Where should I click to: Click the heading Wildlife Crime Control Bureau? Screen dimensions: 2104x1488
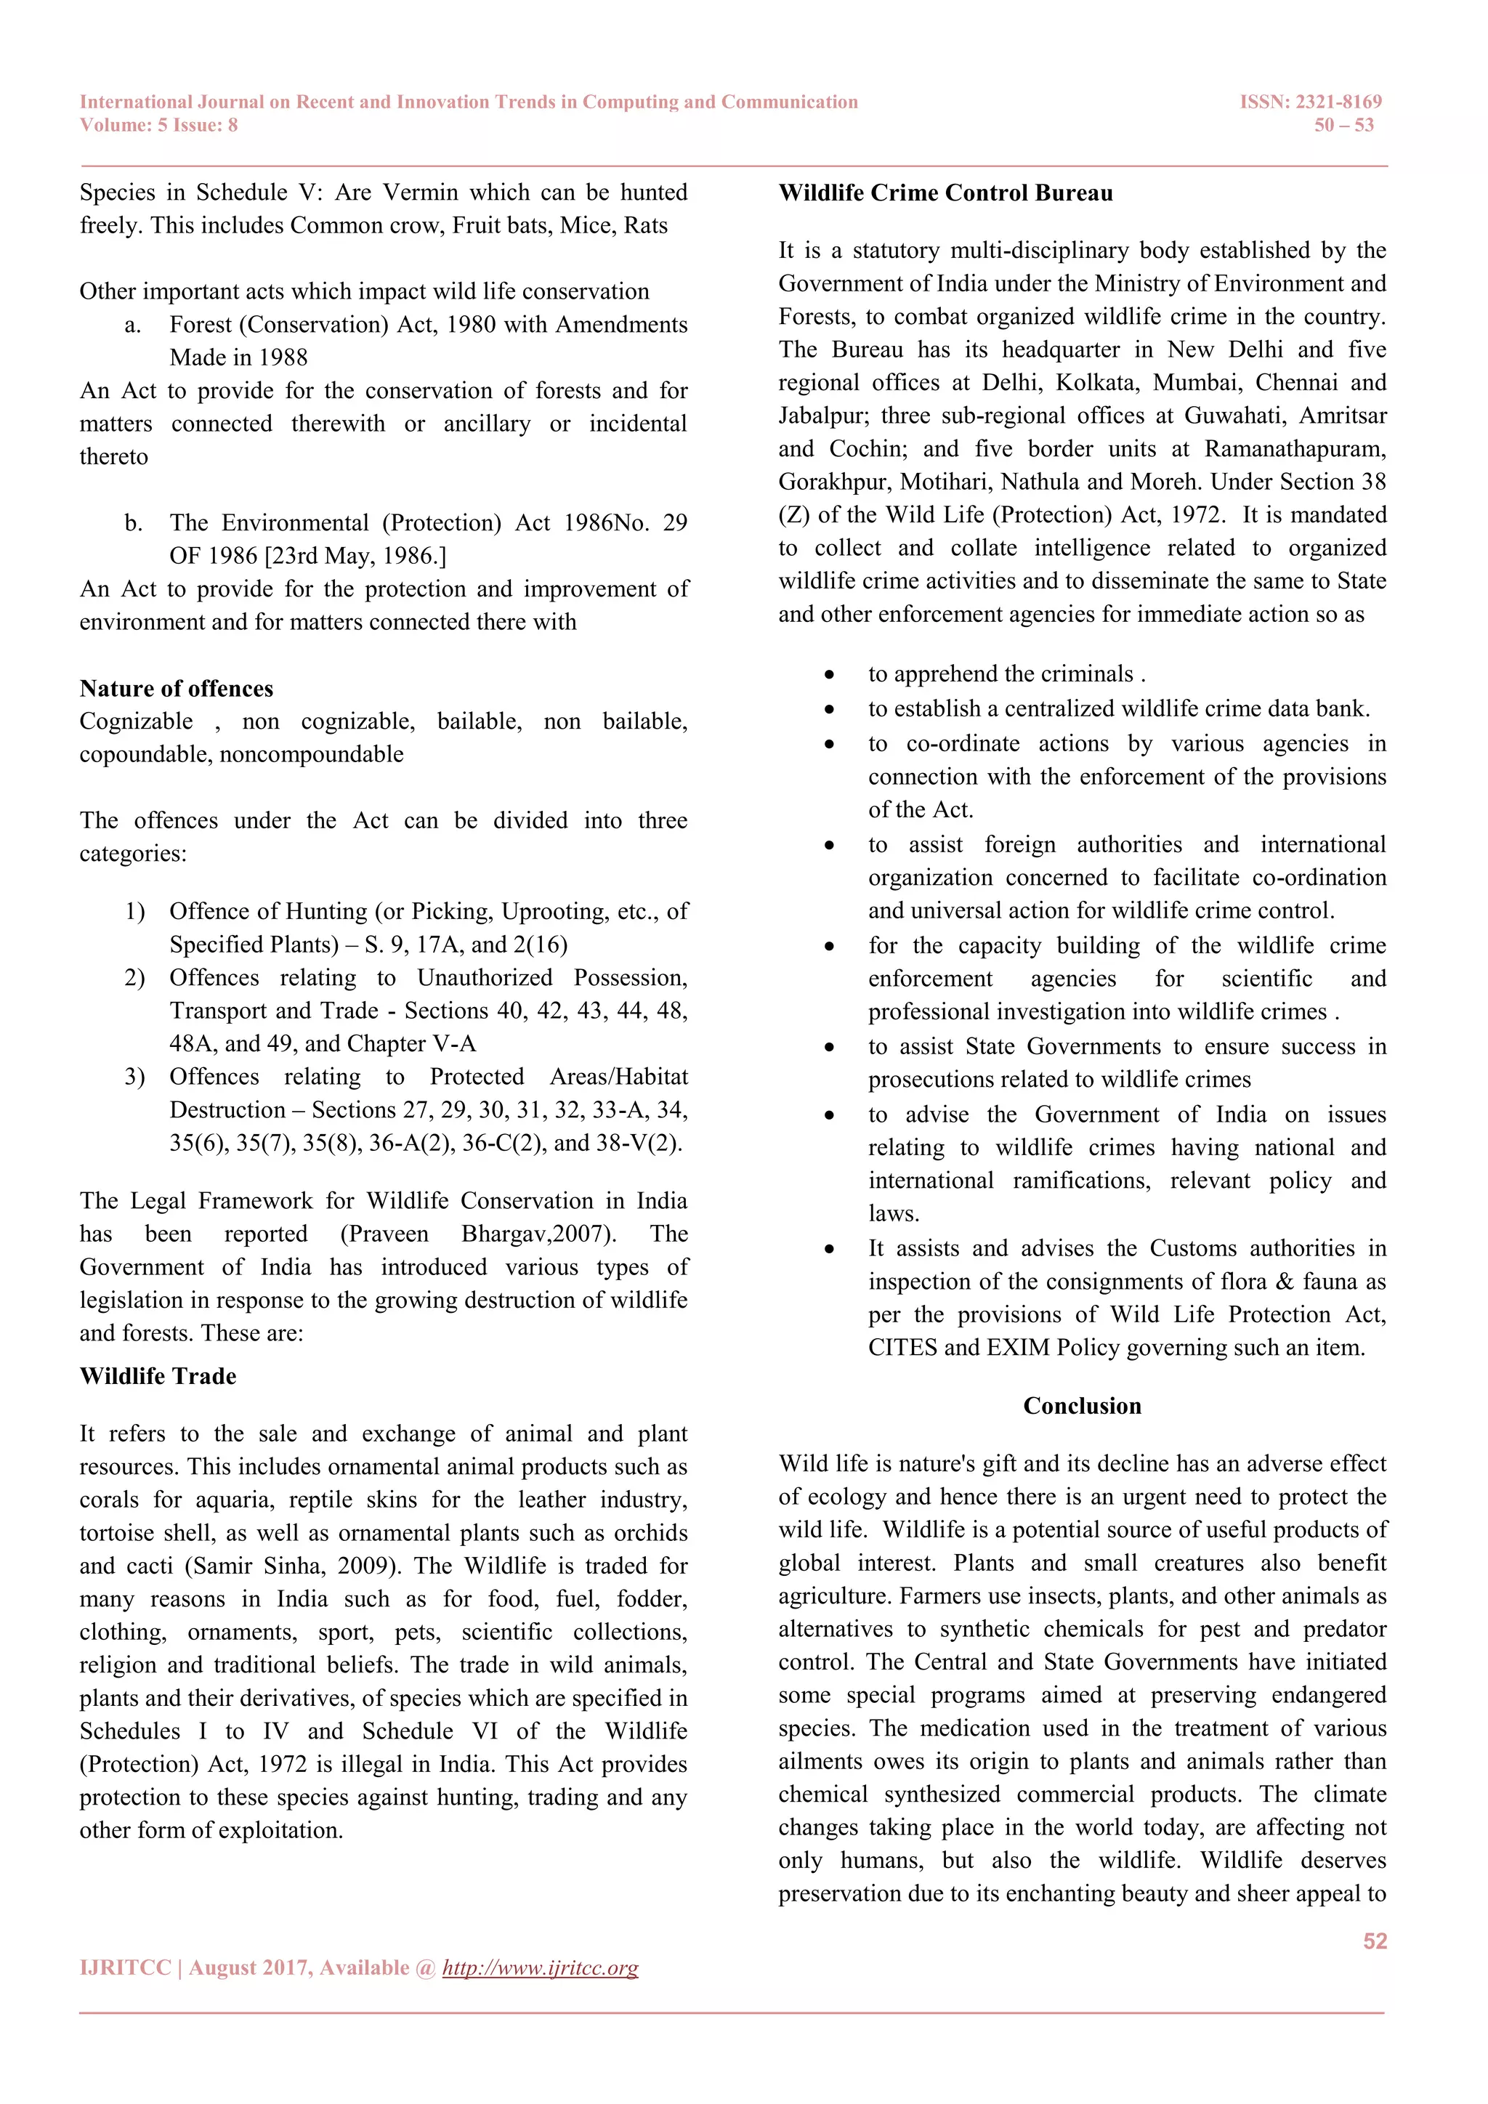[x=945, y=193]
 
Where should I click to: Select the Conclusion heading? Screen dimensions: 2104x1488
[x=1082, y=1406]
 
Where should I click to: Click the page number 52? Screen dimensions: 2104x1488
[x=1375, y=1941]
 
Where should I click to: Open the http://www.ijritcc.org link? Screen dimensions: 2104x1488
[x=540, y=1967]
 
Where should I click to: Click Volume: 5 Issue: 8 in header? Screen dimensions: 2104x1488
[x=158, y=126]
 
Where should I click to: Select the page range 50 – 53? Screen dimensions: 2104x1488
[x=1343, y=126]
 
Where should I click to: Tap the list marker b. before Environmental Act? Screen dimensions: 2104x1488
[x=134, y=523]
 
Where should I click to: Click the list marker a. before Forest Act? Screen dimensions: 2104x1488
[x=134, y=325]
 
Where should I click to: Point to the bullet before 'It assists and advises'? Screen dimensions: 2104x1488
[x=829, y=1249]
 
